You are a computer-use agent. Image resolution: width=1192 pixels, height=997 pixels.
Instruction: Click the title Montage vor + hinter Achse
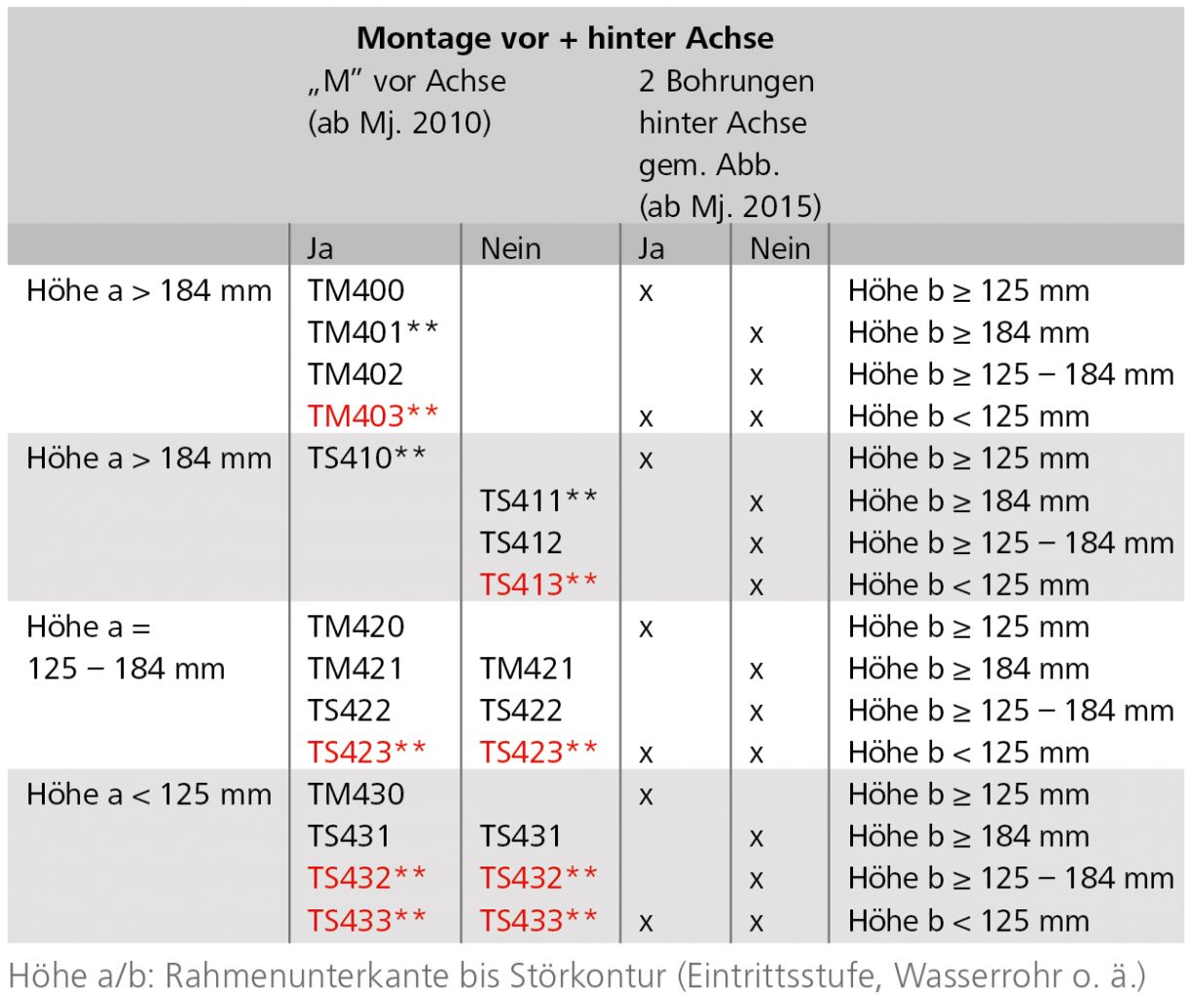tap(565, 38)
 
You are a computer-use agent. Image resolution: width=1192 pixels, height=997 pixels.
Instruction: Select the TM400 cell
tap(355, 290)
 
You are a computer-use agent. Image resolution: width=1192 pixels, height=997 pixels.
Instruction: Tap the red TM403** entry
tap(373, 416)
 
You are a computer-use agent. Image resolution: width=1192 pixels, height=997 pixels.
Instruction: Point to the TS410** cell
tap(367, 458)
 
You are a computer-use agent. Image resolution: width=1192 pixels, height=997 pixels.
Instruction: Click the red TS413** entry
tap(539, 584)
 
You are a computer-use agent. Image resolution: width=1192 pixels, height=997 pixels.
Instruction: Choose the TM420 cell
tap(355, 626)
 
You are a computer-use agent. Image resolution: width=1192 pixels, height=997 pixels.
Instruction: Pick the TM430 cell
tap(355, 794)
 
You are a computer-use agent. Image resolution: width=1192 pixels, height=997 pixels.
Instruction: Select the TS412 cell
tap(521, 542)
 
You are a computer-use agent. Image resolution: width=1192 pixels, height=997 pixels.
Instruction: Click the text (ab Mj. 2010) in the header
tap(399, 123)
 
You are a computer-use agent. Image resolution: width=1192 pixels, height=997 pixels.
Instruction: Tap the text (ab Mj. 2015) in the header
tap(729, 206)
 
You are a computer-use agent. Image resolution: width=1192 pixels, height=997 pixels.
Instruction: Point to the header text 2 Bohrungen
tap(726, 81)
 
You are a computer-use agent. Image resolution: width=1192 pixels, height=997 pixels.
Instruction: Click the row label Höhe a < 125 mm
tap(149, 794)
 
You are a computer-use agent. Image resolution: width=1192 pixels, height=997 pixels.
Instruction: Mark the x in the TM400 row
tap(646, 292)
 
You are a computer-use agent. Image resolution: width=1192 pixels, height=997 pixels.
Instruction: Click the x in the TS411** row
tap(756, 503)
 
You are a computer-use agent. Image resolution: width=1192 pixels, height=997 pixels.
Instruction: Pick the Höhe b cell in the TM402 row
tap(1010, 374)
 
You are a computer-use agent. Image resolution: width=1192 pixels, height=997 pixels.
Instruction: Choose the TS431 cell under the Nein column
tap(521, 835)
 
